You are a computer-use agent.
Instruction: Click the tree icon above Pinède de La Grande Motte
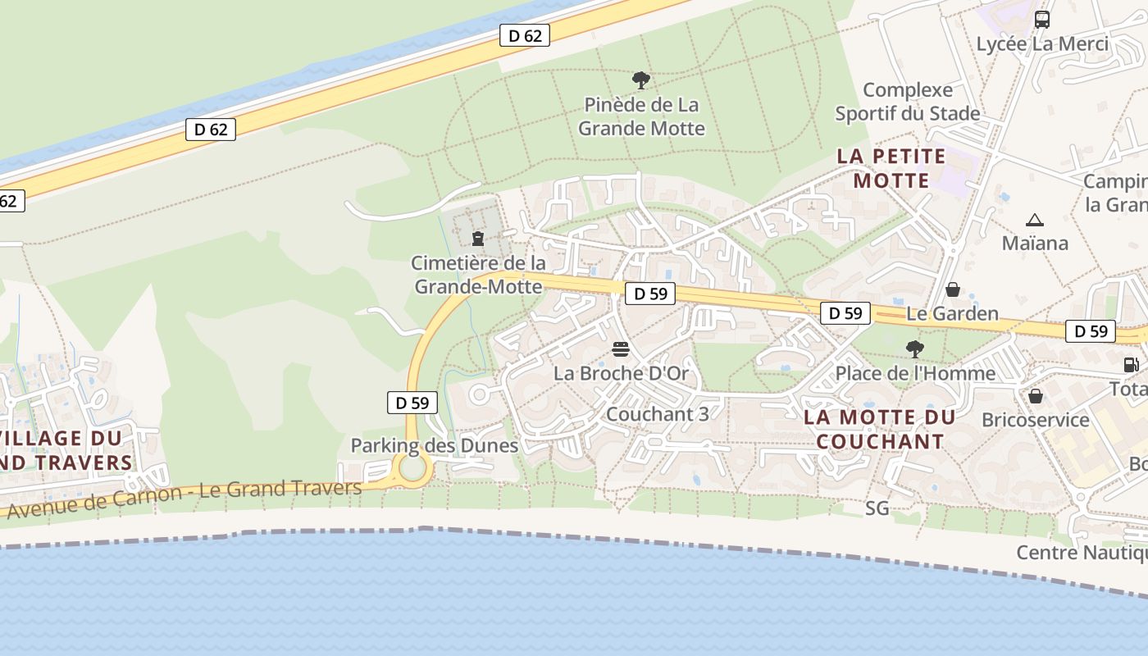(641, 80)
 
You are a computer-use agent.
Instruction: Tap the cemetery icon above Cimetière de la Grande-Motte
(477, 239)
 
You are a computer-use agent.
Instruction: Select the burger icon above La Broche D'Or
(621, 350)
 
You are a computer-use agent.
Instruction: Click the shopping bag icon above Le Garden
(953, 289)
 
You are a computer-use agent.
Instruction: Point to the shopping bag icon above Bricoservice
(1036, 396)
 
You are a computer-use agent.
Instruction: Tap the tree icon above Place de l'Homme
(914, 349)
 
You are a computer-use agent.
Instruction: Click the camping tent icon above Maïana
(1035, 220)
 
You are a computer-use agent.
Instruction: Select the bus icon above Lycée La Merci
(1042, 20)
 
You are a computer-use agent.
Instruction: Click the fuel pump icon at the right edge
(1131, 365)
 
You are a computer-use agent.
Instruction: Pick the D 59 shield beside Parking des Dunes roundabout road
(412, 403)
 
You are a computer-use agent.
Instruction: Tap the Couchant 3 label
(657, 414)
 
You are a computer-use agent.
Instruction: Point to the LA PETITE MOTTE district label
(891, 168)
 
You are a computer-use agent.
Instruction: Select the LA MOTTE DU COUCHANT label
(880, 429)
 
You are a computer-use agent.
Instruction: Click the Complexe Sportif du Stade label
(908, 102)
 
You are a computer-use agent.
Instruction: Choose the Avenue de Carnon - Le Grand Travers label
(184, 497)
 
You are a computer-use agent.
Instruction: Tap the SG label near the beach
(877, 508)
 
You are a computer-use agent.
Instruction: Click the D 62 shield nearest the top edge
(525, 35)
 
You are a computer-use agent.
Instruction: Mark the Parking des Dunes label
(435, 445)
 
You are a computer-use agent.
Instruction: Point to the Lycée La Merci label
(1042, 44)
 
